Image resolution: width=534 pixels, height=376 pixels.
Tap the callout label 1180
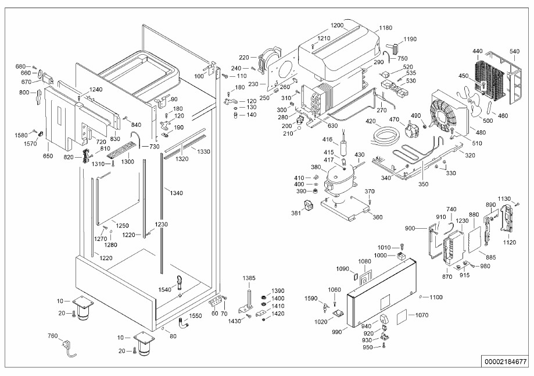point(385,27)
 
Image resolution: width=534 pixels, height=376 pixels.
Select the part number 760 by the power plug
point(53,336)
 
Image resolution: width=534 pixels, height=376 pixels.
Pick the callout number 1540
point(165,290)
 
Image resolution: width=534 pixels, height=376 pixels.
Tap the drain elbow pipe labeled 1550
point(184,322)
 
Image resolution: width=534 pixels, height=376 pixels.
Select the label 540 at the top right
point(514,52)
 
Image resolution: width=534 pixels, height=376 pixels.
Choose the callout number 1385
point(249,278)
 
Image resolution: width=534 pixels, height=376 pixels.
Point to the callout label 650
point(48,156)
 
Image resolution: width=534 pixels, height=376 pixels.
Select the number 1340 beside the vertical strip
point(176,193)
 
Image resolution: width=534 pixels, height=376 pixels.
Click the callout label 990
point(336,332)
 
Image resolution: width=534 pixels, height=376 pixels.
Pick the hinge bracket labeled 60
point(215,301)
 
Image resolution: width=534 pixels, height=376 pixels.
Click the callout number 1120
point(509,242)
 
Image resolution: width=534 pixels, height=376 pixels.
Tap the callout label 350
point(424,185)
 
